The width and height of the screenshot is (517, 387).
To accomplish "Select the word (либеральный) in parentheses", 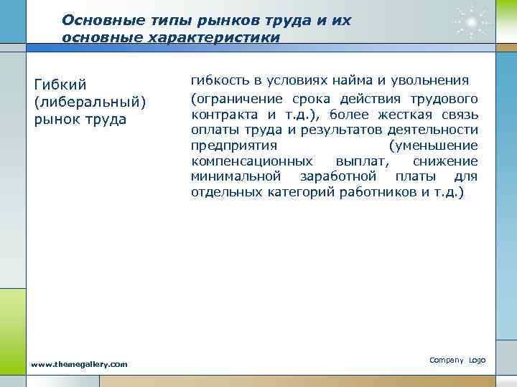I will [x=90, y=102].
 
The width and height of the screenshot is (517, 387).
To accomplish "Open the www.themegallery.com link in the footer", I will [x=80, y=364].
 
